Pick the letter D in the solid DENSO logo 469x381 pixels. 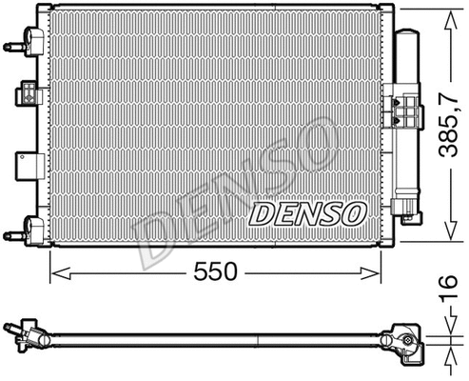point(264,212)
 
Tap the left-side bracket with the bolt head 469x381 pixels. point(27,95)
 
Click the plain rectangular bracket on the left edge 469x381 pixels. point(25,161)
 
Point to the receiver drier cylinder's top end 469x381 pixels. point(409,35)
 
